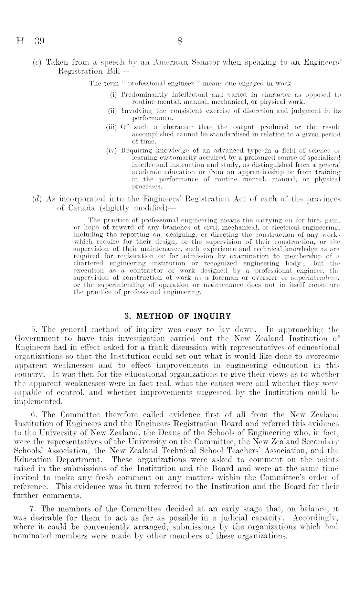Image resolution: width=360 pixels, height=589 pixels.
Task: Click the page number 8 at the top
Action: (180, 41)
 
